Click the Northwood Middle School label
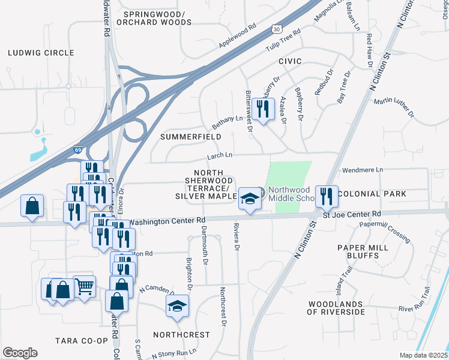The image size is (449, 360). coord(291,194)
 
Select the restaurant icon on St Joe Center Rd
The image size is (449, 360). coord(327,196)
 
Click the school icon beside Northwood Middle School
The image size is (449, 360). coord(249,199)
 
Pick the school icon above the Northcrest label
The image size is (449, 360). coord(177,307)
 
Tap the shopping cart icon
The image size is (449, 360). coord(84,287)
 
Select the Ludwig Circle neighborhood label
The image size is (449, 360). coord(41,53)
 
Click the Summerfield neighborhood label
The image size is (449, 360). coord(191,137)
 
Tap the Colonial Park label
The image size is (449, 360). coord(372,194)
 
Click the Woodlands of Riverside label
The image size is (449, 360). coord(336,308)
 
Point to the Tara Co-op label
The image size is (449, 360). coord(82,341)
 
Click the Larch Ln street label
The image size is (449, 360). coord(220,156)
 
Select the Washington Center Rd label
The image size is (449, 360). coord(167,221)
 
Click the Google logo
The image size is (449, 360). coord(20,353)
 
